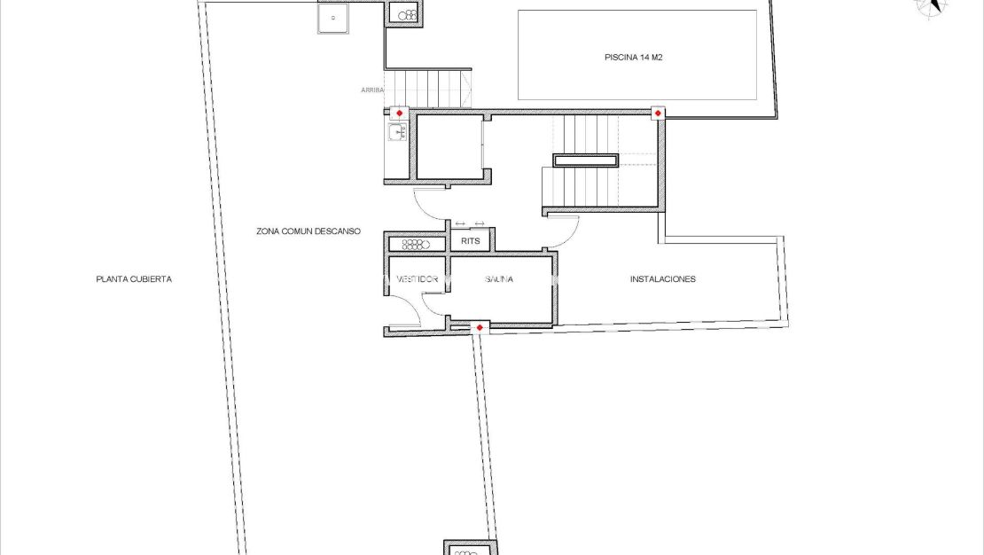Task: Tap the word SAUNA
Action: [499, 279]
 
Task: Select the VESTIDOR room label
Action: [417, 279]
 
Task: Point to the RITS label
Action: [471, 240]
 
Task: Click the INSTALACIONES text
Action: [662, 279]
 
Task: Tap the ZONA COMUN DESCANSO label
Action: [308, 231]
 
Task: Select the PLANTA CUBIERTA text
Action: [134, 279]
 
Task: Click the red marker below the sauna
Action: [480, 328]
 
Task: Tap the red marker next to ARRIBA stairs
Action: [399, 113]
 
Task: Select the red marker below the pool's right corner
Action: [658, 113]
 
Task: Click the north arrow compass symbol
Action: [931, 6]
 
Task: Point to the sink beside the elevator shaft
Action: [395, 134]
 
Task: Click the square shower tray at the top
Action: [332, 18]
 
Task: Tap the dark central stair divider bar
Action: [586, 160]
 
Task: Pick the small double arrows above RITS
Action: [470, 223]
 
